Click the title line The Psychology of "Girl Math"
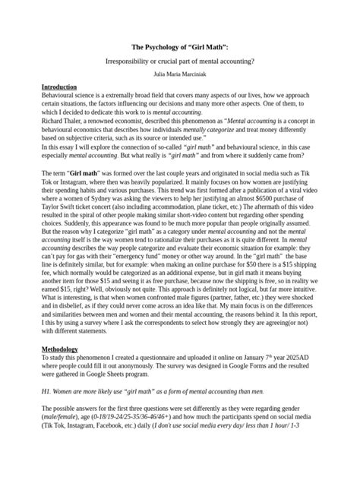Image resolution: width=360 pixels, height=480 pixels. pos(180,48)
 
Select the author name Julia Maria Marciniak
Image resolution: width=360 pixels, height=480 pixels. pos(180,74)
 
